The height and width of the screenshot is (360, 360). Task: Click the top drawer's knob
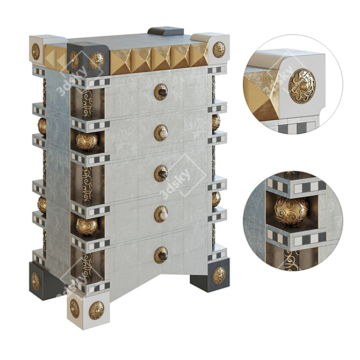pos(161,92)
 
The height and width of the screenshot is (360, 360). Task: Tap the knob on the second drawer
pos(161,133)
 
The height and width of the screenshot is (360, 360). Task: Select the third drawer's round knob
pos(161,174)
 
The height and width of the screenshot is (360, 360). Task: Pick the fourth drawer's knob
pos(161,214)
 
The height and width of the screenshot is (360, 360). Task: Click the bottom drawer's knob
pos(161,255)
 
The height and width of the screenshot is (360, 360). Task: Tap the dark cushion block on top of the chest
pos(165,32)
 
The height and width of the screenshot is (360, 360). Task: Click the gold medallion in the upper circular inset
pos(302,86)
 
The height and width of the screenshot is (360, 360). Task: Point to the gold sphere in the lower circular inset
pos(292,211)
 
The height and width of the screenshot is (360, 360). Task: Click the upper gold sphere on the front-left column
pos(87,141)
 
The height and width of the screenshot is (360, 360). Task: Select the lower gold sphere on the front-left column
pos(87,226)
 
